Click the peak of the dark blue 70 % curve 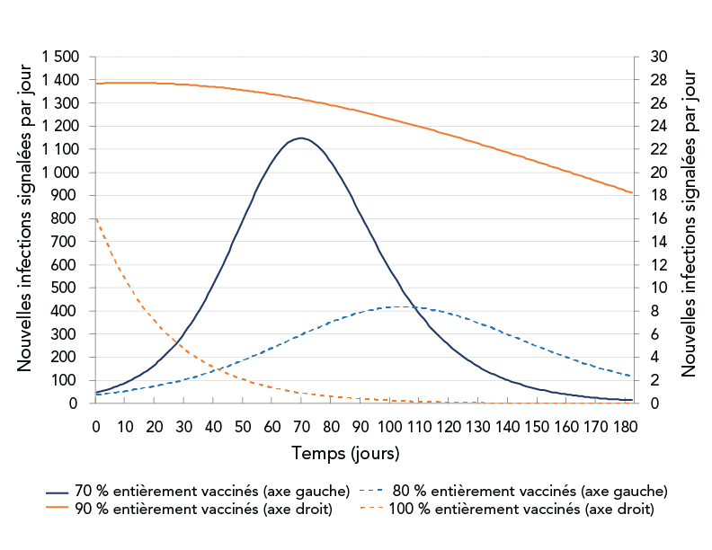click(302, 137)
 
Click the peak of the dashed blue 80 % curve click(393, 306)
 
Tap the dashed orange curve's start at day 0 click(96, 218)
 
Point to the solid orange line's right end click(632, 193)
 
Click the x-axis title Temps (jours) click(346, 452)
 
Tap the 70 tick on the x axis click(302, 425)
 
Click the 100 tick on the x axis click(389, 425)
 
